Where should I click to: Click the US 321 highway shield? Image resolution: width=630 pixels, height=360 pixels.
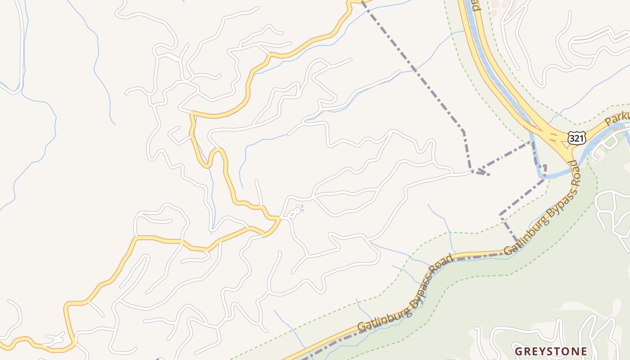(x=576, y=138)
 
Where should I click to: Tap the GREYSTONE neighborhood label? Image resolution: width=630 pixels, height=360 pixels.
(x=551, y=351)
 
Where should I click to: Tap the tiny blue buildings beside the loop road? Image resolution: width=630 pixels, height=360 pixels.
(x=299, y=208)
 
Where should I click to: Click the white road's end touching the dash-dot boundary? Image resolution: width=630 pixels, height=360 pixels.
(x=471, y=171)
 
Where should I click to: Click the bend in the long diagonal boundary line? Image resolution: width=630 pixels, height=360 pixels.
(x=463, y=131)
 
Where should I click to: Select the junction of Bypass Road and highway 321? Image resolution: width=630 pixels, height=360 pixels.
(x=571, y=157)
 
